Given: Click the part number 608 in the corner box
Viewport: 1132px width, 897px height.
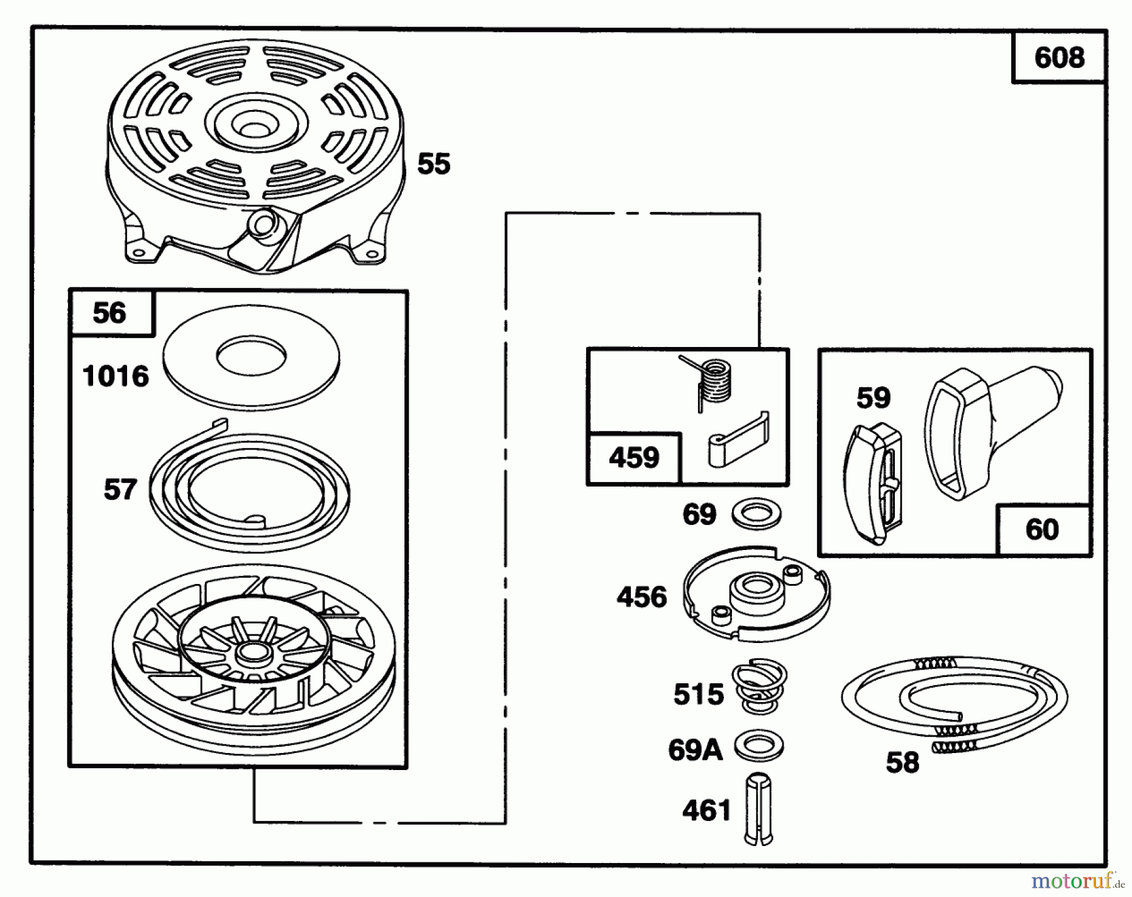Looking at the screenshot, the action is coord(1059,58).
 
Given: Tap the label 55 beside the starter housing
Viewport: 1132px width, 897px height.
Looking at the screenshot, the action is coord(434,164).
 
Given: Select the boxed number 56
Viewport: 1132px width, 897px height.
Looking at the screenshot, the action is coord(109,313).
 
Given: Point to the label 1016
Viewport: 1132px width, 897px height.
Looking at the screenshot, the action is coord(116,377).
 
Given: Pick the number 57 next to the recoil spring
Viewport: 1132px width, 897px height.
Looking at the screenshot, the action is coord(120,490).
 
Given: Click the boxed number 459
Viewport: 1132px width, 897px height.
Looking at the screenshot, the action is coord(634,458).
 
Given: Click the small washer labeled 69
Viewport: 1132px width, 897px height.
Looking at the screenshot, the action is coord(757,513).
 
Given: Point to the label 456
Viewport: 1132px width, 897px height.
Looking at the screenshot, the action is coord(641,597).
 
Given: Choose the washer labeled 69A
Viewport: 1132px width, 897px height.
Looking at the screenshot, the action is coord(758,746).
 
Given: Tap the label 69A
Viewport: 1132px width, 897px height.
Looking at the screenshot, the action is coord(695,750).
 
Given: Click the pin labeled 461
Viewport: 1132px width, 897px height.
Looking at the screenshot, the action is coord(758,809).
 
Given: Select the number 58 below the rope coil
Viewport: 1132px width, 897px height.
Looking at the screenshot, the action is coord(902,762).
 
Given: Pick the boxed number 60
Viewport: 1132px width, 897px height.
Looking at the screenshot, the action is coord(1042,529).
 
